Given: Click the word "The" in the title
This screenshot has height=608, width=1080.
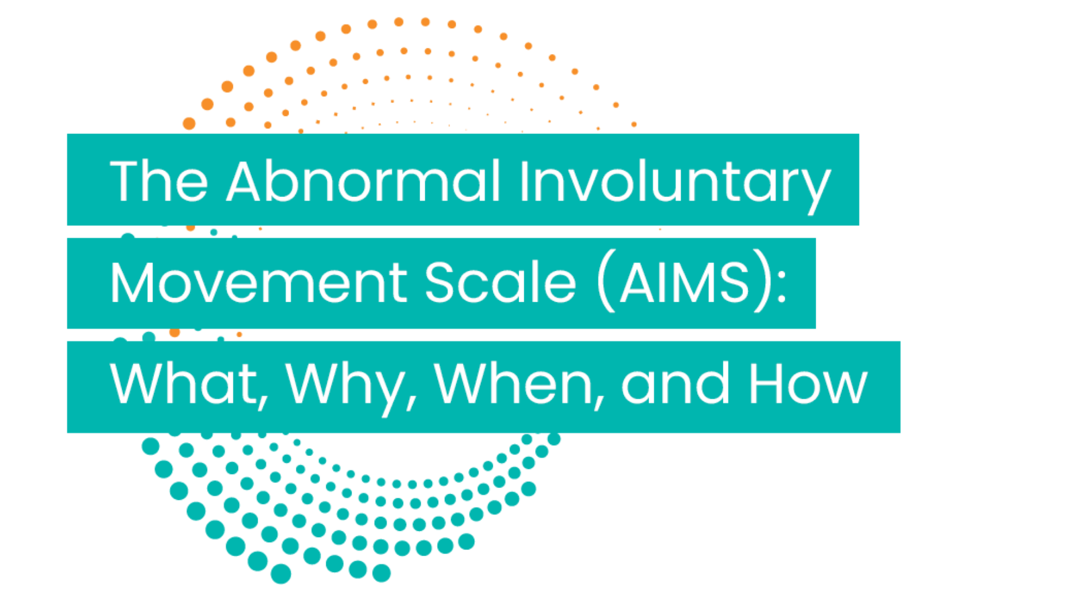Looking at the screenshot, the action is coord(159,181).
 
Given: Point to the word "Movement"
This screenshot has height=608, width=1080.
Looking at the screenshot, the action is coord(258,282).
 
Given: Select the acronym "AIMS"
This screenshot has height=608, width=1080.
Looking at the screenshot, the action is coord(685,282).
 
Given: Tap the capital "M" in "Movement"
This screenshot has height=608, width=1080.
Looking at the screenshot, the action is coord(132,282).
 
